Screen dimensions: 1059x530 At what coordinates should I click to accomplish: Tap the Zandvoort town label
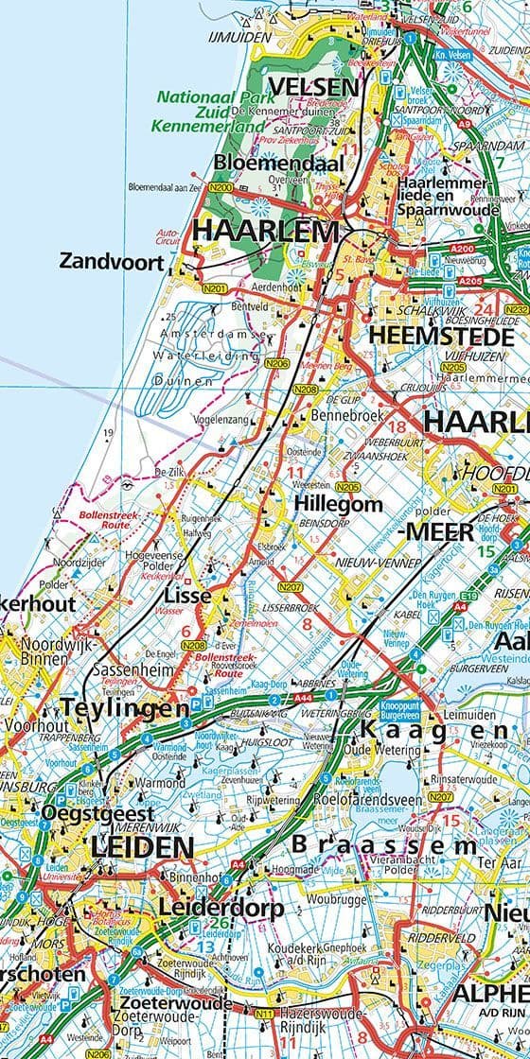(x=112, y=261)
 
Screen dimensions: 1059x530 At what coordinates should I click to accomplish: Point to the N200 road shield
(x=221, y=188)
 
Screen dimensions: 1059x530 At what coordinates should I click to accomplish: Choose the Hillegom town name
(x=338, y=504)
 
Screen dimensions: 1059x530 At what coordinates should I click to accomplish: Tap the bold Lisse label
(x=187, y=597)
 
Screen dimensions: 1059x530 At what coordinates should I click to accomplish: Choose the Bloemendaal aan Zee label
(x=166, y=188)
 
